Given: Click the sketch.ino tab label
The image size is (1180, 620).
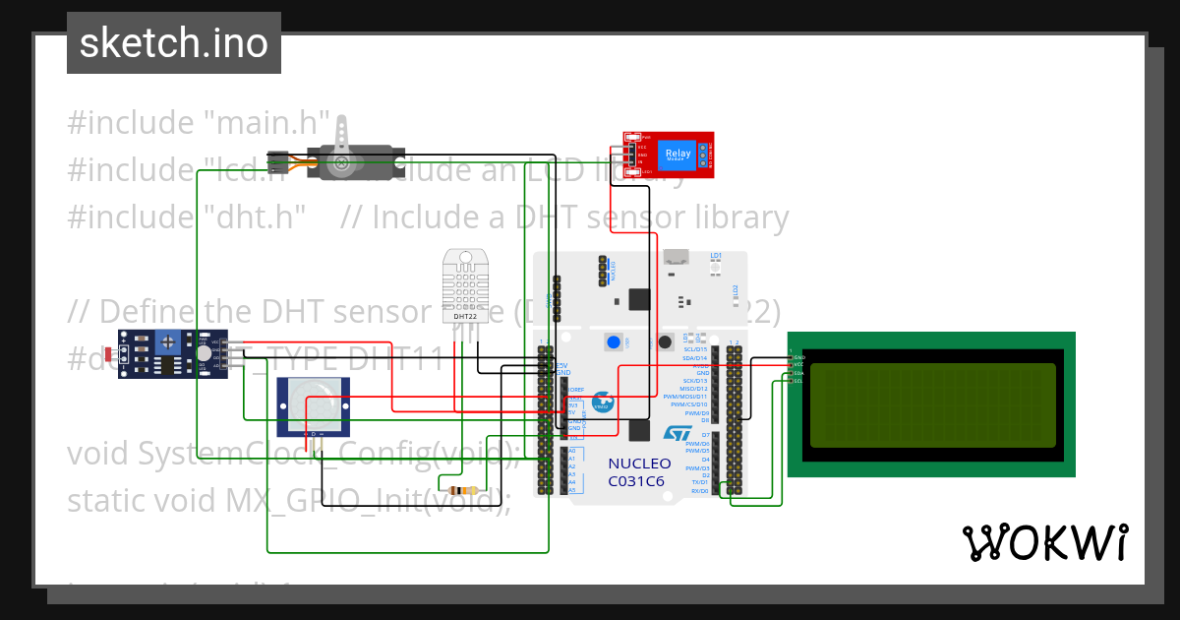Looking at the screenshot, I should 174,43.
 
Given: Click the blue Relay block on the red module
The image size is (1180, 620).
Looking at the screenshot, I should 678,153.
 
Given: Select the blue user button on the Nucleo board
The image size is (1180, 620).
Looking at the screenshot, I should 615,342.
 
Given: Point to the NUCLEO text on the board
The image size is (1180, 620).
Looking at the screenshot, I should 639,464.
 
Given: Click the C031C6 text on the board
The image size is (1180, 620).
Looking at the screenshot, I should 636,481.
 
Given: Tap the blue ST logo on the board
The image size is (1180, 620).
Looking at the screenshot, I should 677,433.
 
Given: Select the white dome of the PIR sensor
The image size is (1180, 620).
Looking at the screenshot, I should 312,404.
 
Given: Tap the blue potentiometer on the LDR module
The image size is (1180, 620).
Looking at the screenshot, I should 167,342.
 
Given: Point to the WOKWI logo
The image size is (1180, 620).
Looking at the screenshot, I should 1044,543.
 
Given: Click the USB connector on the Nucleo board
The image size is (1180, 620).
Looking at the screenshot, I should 676,258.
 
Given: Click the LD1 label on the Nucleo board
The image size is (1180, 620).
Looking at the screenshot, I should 715,255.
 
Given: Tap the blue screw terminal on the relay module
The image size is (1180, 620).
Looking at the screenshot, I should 704,154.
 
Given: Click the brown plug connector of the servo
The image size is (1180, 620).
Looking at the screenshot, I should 277,159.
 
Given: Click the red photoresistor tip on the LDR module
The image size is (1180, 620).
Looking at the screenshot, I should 108,353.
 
